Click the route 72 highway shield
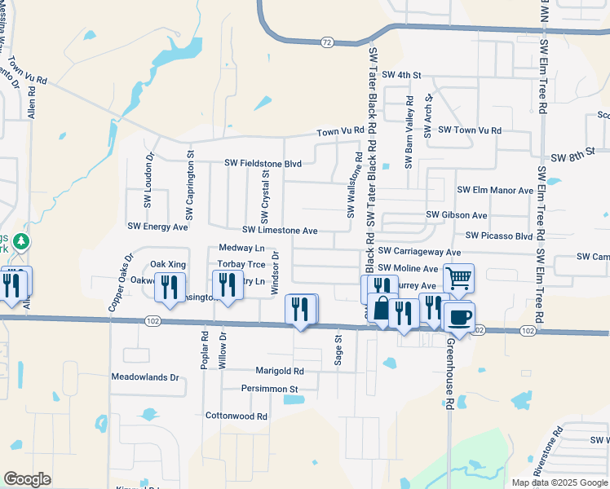coord(326,42)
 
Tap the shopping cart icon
coord(459,278)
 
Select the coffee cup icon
coord(460,315)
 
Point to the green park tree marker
coord(23,242)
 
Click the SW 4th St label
coord(402,75)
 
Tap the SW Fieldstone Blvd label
coord(263,164)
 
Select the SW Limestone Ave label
coord(280,231)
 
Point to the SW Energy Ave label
coord(158,226)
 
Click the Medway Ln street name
coord(242,248)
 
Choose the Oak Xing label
coord(168,265)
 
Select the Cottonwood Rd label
coord(236,416)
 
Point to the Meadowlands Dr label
coord(144,377)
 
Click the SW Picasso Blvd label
coord(498,236)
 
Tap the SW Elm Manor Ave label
coord(495,190)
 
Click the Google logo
coord(28,478)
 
